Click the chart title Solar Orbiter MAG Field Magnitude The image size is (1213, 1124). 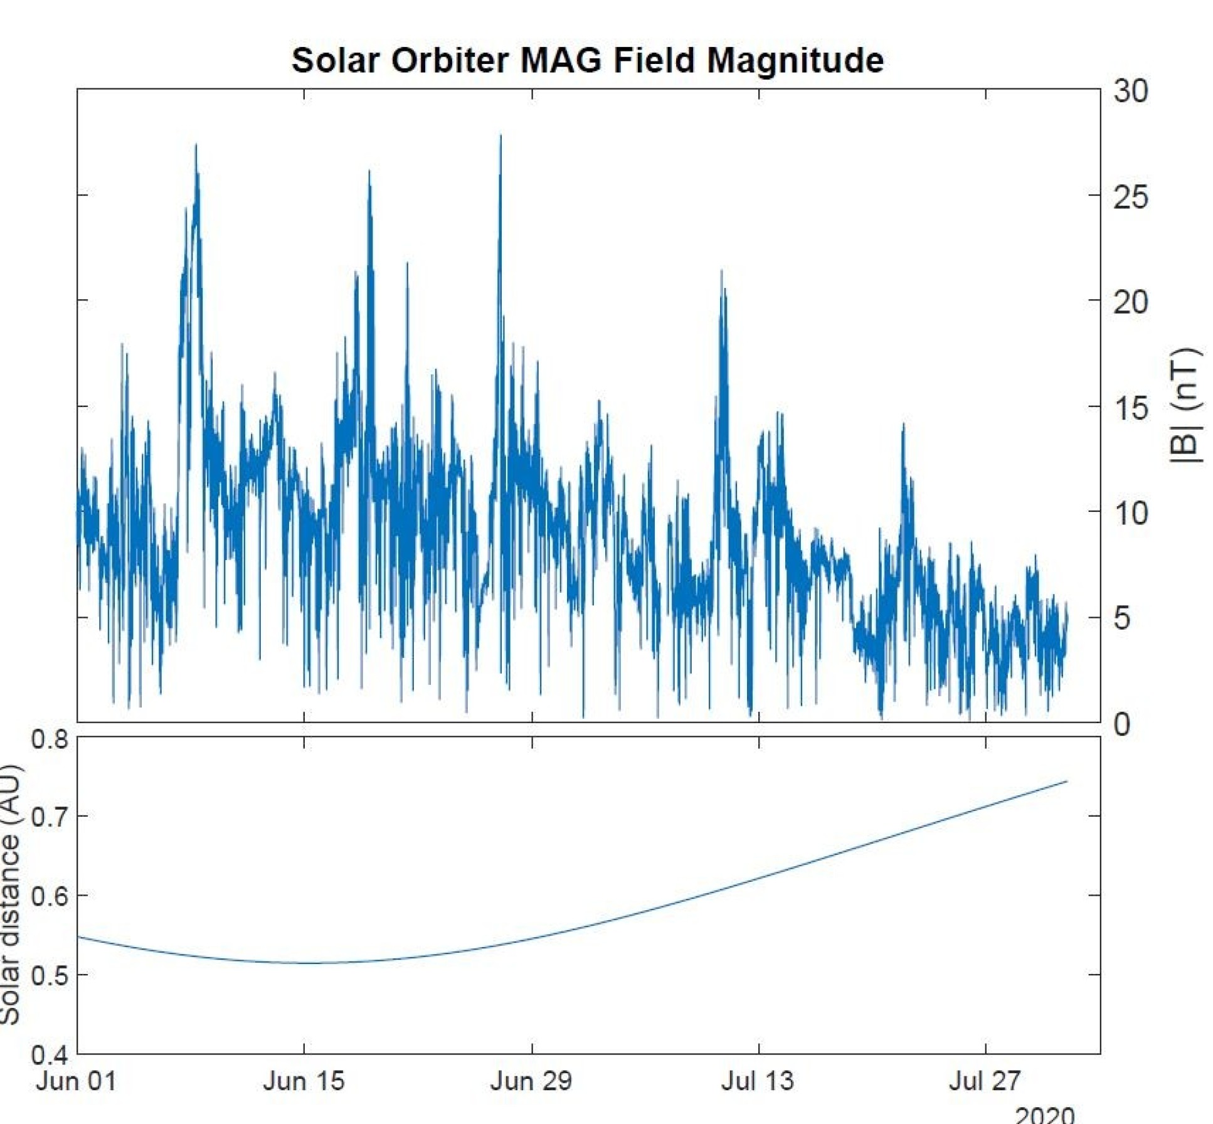(587, 61)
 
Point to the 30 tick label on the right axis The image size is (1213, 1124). (1130, 92)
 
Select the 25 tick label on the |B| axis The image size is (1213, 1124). (1130, 198)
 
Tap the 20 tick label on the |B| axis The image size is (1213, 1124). (1130, 303)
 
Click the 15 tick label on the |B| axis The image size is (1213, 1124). (1130, 408)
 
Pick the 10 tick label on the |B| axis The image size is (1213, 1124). (1130, 514)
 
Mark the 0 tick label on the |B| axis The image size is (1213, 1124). (1121, 724)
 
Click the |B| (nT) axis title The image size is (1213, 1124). (1185, 406)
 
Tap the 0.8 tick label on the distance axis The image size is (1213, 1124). (50, 740)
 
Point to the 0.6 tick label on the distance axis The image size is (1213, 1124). (50, 896)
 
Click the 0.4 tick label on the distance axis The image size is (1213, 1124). (50, 1055)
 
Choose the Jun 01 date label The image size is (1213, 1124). (76, 1081)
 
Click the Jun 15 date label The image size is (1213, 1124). (304, 1081)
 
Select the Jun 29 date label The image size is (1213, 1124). (531, 1081)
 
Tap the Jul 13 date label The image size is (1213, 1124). (758, 1081)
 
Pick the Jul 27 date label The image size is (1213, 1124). (985, 1081)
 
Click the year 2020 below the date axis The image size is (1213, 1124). (1044, 1115)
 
